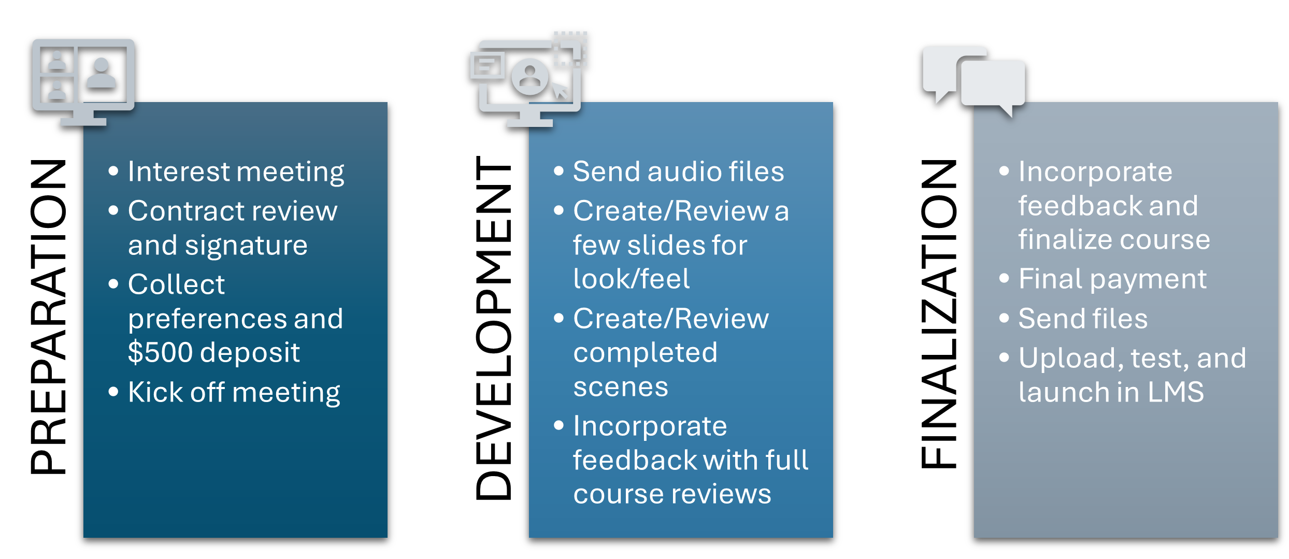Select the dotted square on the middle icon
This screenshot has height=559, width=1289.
(x=570, y=49)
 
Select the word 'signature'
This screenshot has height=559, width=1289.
(x=246, y=245)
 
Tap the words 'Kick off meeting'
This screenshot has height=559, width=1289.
(x=234, y=392)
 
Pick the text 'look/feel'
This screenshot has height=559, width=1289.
(x=631, y=279)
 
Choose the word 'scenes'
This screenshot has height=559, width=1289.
(x=621, y=387)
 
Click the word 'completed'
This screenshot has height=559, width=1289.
(x=645, y=353)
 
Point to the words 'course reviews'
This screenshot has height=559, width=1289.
(x=672, y=494)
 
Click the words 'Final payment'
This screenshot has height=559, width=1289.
(x=1112, y=279)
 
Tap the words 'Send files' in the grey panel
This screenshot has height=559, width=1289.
(x=1083, y=319)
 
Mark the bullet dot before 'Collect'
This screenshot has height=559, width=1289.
(x=113, y=284)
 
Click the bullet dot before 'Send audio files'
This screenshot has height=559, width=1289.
(x=558, y=171)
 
